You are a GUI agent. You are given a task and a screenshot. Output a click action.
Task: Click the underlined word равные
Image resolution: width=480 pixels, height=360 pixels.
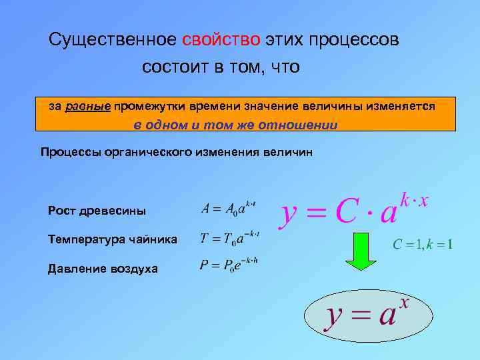(x=88, y=106)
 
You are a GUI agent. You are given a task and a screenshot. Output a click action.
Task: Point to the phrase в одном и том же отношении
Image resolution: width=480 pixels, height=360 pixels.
(x=235, y=125)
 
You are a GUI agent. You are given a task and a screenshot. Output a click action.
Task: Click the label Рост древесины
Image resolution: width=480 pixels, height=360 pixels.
(x=97, y=211)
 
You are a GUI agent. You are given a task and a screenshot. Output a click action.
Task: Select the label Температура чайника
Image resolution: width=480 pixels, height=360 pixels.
(x=113, y=239)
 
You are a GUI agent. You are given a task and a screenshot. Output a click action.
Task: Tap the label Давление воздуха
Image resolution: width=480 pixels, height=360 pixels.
(x=103, y=268)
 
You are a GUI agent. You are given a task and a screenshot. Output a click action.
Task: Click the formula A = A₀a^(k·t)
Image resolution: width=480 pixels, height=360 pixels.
(x=229, y=208)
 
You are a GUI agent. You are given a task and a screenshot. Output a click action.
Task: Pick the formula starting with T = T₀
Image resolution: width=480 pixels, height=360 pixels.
(x=230, y=237)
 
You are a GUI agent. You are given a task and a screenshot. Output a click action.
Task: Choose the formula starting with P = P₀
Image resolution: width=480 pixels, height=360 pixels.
(x=229, y=265)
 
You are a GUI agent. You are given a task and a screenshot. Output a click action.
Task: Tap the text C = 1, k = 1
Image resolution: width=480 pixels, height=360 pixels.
(x=423, y=244)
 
